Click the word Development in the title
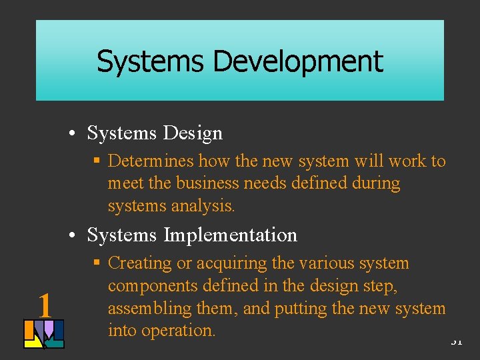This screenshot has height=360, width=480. (x=298, y=62)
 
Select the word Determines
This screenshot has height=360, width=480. (x=151, y=161)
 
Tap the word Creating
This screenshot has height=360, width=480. (x=139, y=263)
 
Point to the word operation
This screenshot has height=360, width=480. (x=179, y=331)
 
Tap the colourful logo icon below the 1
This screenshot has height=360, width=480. (x=44, y=334)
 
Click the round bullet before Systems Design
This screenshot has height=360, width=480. (x=79, y=133)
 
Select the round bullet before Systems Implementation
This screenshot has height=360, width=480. (x=79, y=235)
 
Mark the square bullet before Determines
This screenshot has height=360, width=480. (x=97, y=161)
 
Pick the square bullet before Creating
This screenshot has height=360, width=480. (x=97, y=263)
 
